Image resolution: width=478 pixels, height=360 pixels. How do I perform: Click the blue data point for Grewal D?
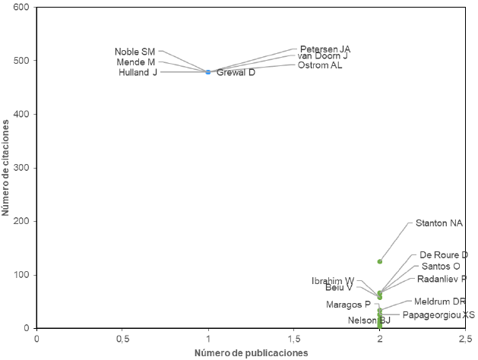coord(208,72)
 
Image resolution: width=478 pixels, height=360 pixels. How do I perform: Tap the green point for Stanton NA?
coord(380,261)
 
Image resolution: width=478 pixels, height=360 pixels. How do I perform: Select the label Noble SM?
coord(135,52)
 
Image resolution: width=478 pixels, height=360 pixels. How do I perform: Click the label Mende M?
coord(136,62)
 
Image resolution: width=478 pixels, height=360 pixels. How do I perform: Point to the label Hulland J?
coord(138,73)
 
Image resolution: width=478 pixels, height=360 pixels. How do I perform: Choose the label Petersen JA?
coord(325,49)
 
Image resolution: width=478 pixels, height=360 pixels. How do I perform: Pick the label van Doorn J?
coord(323,56)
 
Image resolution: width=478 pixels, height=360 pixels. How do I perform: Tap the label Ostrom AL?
coord(320,65)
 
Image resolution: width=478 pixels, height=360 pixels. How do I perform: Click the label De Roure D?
coord(444,255)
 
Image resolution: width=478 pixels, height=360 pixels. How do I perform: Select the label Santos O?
coord(441,267)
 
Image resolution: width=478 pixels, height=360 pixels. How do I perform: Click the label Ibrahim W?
coord(333,281)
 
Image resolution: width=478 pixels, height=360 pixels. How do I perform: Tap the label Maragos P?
coord(348,305)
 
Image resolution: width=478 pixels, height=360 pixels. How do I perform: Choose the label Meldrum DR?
coord(440,302)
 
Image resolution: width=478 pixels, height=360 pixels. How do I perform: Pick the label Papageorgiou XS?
coord(438,314)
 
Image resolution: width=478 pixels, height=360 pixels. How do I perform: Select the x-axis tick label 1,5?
coord(293,338)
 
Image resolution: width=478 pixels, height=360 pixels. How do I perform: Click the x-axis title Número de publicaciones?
coord(251,353)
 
